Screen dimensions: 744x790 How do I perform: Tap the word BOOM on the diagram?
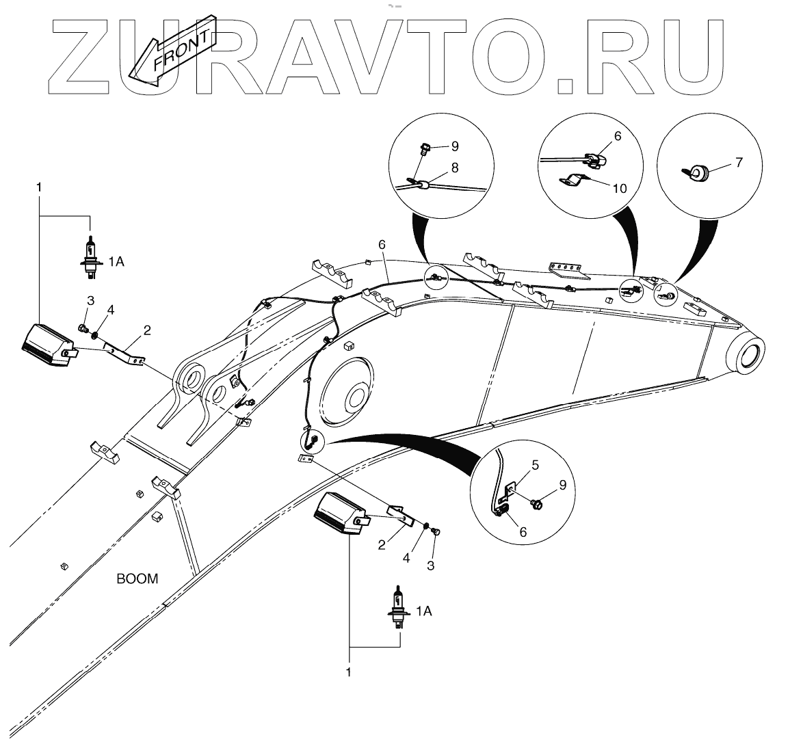[x=137, y=579]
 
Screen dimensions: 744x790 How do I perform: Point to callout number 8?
[x=454, y=167]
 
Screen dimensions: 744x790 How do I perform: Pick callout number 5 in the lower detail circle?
[x=535, y=465]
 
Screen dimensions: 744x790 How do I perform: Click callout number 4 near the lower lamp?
[x=406, y=557]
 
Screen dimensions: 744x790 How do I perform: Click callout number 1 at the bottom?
[x=349, y=673]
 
